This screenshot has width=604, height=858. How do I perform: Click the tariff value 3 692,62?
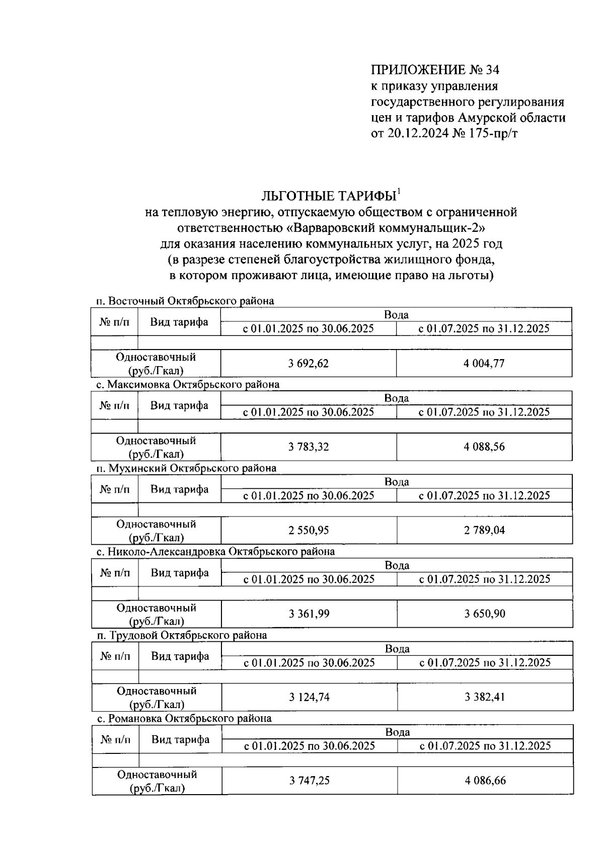(308, 363)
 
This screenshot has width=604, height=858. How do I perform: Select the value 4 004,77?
(484, 363)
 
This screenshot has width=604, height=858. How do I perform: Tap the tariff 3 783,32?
(309, 447)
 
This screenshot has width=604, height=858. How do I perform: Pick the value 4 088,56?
(484, 447)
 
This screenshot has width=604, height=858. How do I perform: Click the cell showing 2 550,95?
(309, 530)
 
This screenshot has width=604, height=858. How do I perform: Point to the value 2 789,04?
(484, 530)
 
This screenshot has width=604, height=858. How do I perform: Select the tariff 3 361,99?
(309, 614)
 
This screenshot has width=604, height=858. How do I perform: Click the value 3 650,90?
(485, 614)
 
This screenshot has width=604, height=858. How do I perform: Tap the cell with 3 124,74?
(309, 697)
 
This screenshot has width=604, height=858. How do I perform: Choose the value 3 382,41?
(485, 697)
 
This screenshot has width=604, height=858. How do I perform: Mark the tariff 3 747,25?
(310, 781)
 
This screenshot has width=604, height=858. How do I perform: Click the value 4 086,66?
(485, 781)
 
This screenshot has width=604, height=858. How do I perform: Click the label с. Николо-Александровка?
(161, 552)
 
